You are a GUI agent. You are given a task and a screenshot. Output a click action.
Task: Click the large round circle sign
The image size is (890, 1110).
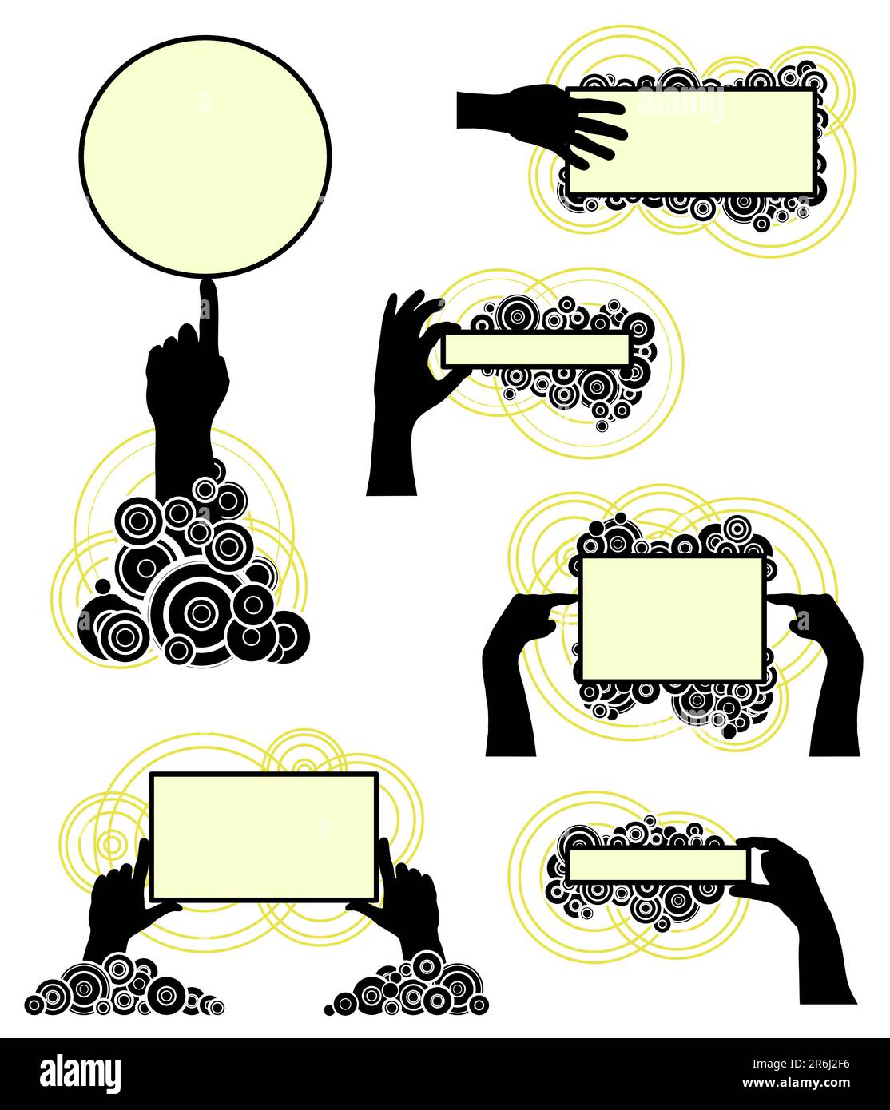point(205,157)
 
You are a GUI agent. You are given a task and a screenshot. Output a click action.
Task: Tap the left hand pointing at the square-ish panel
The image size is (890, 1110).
point(511,671)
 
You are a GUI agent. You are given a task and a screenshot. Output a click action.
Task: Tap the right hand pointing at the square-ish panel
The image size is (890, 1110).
point(831,671)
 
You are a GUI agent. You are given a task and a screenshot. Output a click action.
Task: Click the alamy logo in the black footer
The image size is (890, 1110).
point(81,1072)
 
